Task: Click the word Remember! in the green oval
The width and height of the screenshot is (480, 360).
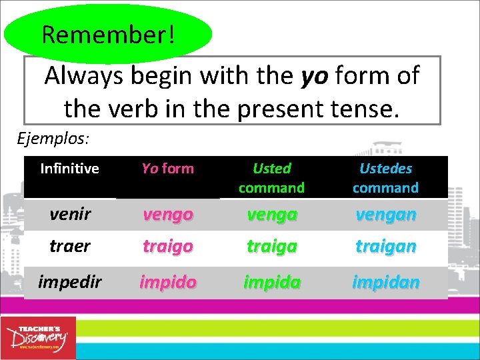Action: pyautogui.click(x=108, y=34)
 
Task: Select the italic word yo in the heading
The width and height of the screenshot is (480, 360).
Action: pyautogui.click(x=314, y=76)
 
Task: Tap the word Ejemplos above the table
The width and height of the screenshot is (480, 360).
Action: pyautogui.click(x=53, y=139)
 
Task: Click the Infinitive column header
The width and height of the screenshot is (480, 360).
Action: pyautogui.click(x=69, y=169)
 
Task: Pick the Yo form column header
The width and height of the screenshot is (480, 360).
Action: pyautogui.click(x=168, y=169)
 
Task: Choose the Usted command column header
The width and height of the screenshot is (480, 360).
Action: pyautogui.click(x=271, y=178)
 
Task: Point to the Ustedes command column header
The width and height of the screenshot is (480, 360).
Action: pyautogui.click(x=385, y=178)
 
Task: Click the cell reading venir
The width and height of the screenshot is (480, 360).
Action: pyautogui.click(x=69, y=215)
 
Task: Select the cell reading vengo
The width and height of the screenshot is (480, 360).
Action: pyautogui.click(x=168, y=215)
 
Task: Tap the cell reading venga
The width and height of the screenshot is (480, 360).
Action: pyautogui.click(x=271, y=215)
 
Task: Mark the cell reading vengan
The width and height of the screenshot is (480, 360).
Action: pyautogui.click(x=385, y=215)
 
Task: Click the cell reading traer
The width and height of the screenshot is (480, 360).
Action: pyautogui.click(x=69, y=246)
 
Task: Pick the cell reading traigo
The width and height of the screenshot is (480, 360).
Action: pyautogui.click(x=168, y=246)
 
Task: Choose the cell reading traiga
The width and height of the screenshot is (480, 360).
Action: pyautogui.click(x=271, y=246)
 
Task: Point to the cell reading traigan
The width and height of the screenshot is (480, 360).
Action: pyautogui.click(x=385, y=246)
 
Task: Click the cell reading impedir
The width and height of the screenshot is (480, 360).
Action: pyautogui.click(x=69, y=282)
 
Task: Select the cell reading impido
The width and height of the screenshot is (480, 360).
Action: pyautogui.click(x=168, y=282)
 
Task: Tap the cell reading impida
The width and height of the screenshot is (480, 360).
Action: pyautogui.click(x=271, y=282)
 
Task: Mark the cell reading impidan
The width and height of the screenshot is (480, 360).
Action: pyautogui.click(x=385, y=282)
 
